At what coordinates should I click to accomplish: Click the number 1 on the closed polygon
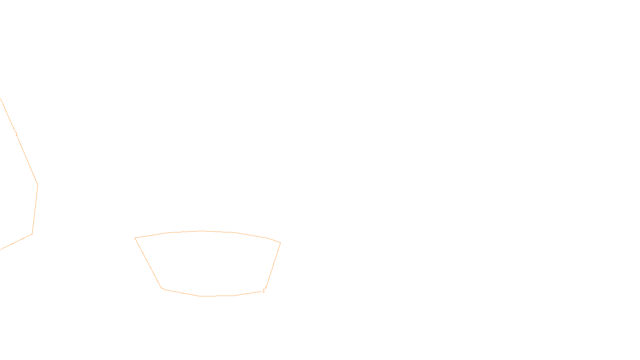(264, 291)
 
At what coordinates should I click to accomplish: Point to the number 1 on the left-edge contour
(16, 134)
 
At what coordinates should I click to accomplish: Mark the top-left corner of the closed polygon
(135, 238)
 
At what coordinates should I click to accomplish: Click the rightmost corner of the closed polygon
(280, 242)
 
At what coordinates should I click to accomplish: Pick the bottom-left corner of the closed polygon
(162, 288)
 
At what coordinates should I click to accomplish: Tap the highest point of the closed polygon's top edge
(202, 231)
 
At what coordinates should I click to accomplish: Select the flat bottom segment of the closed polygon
(216, 296)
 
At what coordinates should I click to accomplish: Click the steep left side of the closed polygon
(148, 263)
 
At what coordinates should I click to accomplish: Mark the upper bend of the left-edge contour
(38, 185)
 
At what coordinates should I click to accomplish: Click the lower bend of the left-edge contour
(32, 234)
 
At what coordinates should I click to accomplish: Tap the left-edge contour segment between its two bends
(35, 210)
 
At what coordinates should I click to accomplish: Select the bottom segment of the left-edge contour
(16, 242)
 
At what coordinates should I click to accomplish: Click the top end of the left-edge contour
(0, 99)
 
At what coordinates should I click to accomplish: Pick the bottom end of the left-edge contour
(1, 250)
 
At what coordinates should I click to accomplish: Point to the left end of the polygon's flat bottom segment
(200, 296)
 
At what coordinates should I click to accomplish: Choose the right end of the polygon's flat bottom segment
(234, 296)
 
